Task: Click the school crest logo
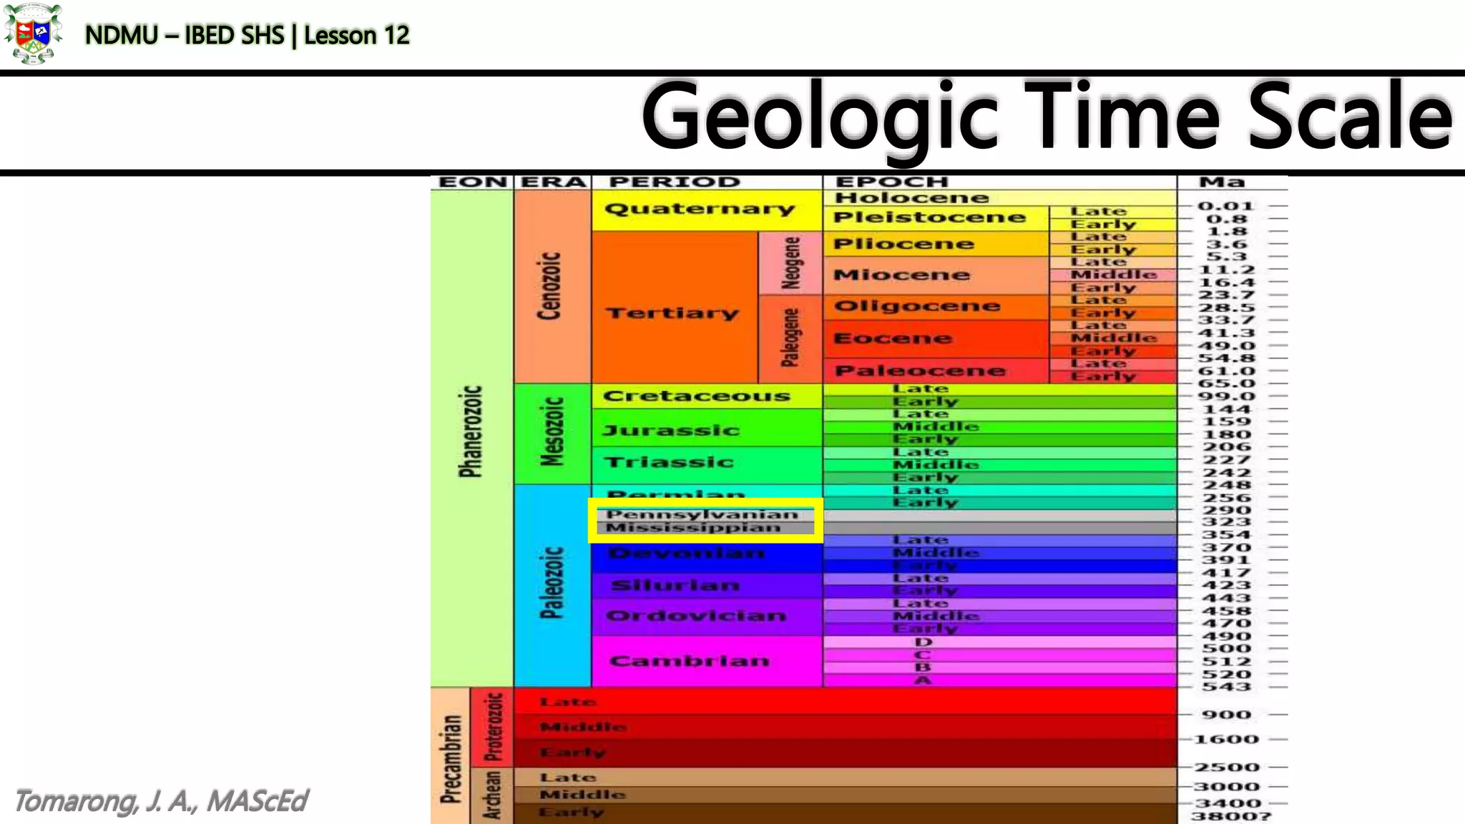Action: coord(32,34)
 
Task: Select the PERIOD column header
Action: coord(674,182)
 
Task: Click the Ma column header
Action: coord(1222,182)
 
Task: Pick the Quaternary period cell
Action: coord(700,209)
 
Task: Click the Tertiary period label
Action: coord(672,313)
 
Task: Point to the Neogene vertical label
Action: coord(790,263)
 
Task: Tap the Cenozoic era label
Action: coord(549,285)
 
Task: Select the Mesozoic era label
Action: coord(552,431)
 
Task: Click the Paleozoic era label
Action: coord(552,583)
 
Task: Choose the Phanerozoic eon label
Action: coord(471,431)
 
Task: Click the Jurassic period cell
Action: coord(671,430)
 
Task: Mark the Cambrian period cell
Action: coord(690,660)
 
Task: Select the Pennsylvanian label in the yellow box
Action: coord(702,514)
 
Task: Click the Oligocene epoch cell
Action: coord(917,306)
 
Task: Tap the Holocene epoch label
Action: coord(911,197)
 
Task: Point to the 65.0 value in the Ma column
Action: coord(1226,383)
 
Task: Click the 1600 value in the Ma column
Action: coord(1226,740)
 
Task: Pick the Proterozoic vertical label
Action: coord(494,726)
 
